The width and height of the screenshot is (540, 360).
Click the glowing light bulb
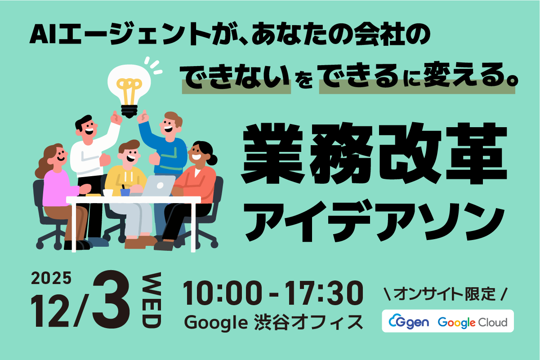point(129,88)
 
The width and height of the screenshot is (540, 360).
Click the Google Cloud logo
point(473,322)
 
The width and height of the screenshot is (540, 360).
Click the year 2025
point(51,279)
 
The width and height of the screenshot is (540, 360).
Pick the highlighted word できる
point(359,79)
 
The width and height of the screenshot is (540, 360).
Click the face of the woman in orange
point(198,154)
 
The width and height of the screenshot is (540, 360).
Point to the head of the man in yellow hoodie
point(129,152)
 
